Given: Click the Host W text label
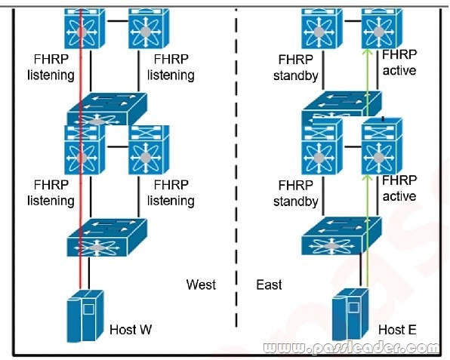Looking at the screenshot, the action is [131, 330].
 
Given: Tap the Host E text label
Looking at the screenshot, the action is [397, 330].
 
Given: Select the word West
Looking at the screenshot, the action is [201, 285].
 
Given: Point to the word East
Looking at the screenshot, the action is [269, 285].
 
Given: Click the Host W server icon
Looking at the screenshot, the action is [85, 315].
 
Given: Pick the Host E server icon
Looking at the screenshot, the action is [350, 315].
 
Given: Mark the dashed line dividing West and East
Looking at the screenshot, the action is [236, 168].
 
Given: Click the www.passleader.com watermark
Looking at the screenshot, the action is [350, 348].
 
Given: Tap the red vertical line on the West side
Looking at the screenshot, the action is [81, 149].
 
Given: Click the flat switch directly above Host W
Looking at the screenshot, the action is [107, 238].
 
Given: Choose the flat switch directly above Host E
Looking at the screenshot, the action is [341, 235].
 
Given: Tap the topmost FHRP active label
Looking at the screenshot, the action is [399, 63].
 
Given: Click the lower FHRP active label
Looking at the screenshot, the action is [399, 188].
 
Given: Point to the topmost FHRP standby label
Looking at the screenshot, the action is [296, 68].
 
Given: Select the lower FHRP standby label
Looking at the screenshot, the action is [296, 193].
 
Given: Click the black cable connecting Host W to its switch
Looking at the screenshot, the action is [88, 273].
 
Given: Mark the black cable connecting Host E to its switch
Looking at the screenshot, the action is [360, 272].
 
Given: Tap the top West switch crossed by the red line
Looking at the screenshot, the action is [85, 29].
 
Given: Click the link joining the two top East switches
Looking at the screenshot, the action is [352, 21].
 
